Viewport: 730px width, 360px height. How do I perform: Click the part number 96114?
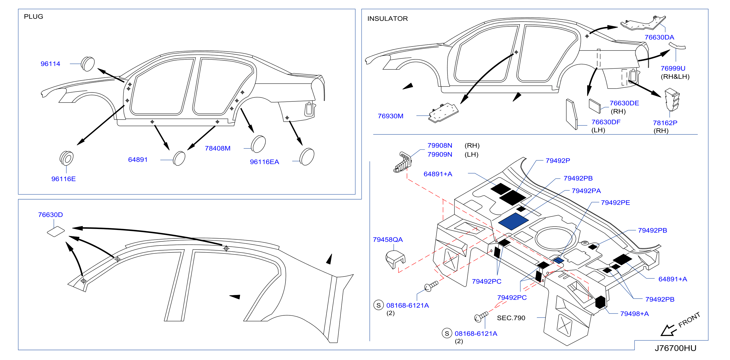(50, 64)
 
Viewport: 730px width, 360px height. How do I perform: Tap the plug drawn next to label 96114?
(88, 64)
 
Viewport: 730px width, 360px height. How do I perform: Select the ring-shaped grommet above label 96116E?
(67, 158)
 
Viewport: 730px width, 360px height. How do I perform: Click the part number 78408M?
(218, 148)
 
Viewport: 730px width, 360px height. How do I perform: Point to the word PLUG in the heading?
(33, 16)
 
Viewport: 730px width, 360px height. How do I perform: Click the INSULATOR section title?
(387, 18)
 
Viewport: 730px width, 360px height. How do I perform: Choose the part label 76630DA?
(659, 37)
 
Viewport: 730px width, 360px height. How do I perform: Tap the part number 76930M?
(390, 116)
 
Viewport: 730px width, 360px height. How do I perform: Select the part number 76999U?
(673, 68)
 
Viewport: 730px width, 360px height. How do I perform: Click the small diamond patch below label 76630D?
(56, 231)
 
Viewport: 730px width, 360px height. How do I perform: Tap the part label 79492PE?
(615, 202)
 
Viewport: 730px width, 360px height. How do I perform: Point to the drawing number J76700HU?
(675, 348)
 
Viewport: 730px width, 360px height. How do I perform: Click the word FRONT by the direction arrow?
(689, 319)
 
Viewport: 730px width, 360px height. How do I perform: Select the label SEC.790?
(511, 318)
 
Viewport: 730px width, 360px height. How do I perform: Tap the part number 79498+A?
(634, 313)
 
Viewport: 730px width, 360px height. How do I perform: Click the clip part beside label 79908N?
(402, 162)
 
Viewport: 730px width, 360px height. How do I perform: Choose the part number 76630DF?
(606, 122)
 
